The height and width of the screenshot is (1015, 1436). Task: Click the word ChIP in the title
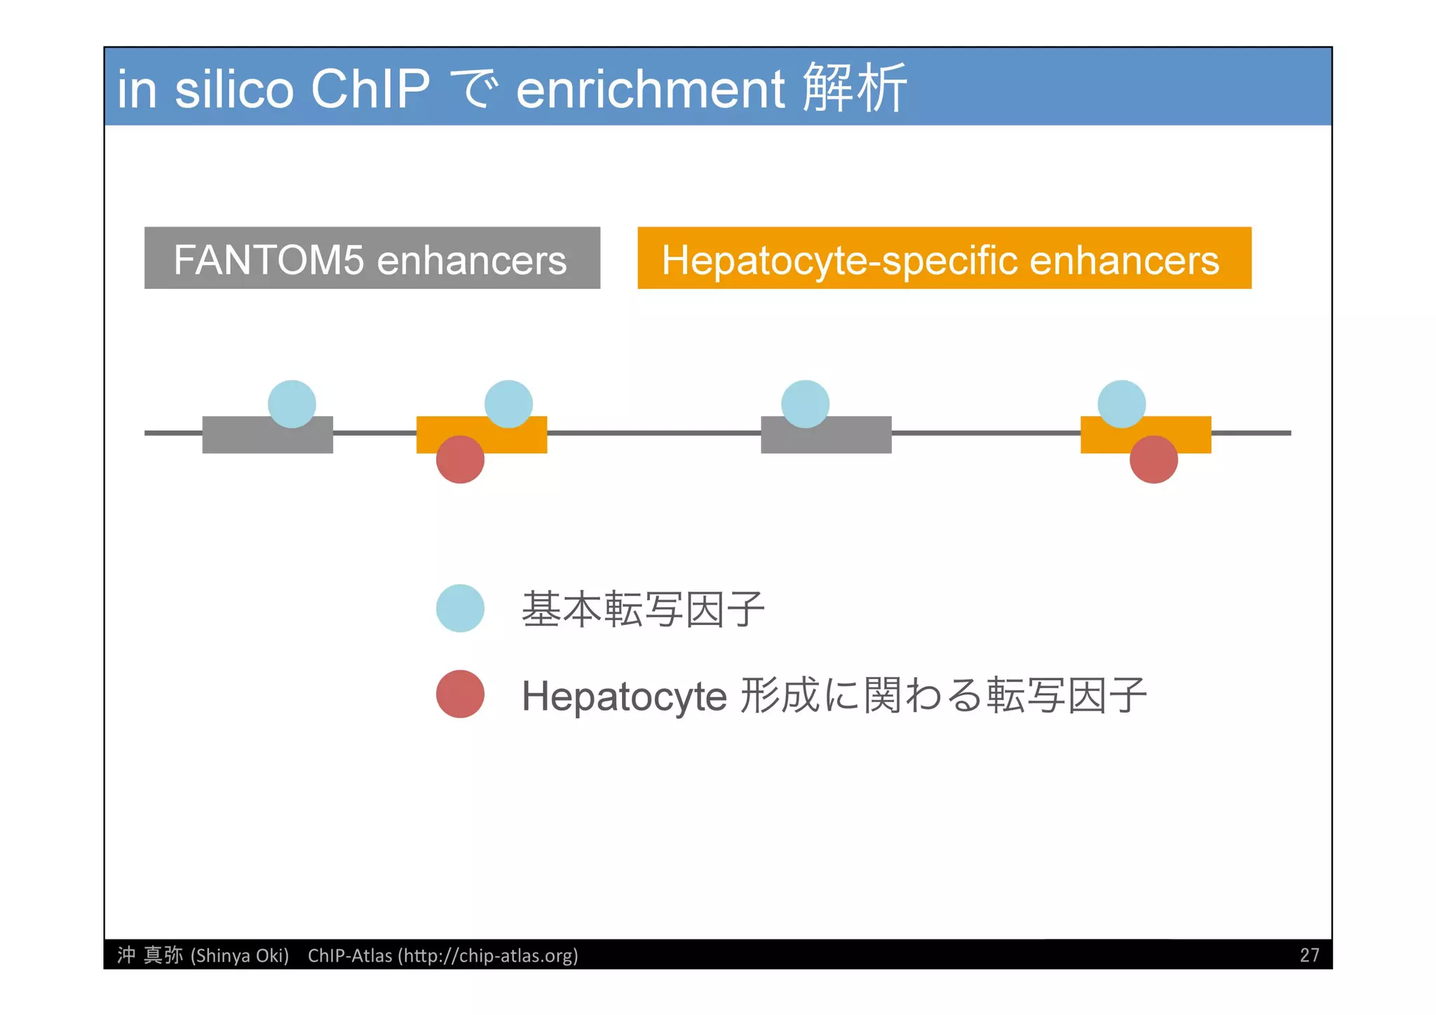[x=370, y=90]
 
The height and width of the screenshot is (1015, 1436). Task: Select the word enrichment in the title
[x=650, y=90]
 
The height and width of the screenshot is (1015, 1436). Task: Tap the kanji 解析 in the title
[x=854, y=88]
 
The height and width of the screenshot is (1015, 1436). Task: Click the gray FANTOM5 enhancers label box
[x=372, y=258]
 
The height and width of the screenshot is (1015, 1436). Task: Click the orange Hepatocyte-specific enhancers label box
[x=944, y=258]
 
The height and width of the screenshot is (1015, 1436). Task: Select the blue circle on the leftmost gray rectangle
[x=292, y=404]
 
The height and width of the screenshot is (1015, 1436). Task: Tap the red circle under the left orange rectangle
[x=460, y=459]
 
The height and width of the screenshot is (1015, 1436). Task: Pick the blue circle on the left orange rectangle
[x=508, y=404]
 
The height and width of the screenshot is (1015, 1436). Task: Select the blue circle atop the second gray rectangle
[x=805, y=404]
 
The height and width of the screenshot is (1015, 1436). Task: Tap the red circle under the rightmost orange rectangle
[x=1153, y=459]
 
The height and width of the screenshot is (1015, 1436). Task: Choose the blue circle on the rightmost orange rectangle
[x=1121, y=404]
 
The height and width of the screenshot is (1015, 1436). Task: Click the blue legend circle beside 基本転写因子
[x=460, y=608]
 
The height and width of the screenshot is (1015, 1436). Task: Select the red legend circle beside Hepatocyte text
[x=460, y=694]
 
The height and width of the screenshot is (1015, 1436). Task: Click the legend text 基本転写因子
[x=642, y=609]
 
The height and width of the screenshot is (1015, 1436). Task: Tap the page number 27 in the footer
[x=1309, y=955]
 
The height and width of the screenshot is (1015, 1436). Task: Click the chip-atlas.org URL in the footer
[x=488, y=955]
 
